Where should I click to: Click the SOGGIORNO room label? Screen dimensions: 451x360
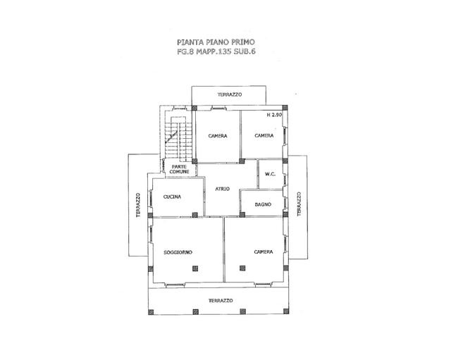(178, 252)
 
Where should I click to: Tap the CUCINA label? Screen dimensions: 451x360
(172, 197)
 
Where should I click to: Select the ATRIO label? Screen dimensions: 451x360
(223, 189)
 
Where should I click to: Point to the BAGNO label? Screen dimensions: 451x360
(263, 204)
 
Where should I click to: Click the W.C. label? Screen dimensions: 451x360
(270, 174)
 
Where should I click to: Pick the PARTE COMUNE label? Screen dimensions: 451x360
(179, 169)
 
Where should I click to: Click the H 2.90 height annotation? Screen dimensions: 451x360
(274, 115)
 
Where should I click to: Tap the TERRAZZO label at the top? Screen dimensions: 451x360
(230, 94)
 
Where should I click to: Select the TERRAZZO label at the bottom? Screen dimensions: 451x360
(221, 301)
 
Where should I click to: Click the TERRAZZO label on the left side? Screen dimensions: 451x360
(139, 205)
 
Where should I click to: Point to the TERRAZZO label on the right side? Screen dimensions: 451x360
(299, 204)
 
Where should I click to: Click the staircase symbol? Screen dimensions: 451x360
(178, 139)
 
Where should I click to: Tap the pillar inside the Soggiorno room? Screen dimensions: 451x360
(195, 268)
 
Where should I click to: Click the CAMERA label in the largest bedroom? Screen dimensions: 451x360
(264, 252)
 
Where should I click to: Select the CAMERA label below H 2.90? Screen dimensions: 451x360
(264, 135)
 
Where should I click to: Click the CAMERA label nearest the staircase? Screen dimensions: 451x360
(218, 136)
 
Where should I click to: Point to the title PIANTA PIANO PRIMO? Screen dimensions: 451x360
(216, 42)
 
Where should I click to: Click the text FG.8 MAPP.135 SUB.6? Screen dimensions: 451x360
(216, 51)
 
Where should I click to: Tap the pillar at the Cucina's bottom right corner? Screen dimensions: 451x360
(195, 214)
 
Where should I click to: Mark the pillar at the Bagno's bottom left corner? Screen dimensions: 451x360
(242, 214)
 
